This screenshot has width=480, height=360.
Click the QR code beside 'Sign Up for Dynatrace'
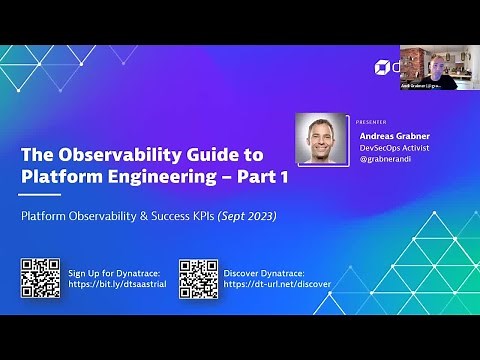point(40,278)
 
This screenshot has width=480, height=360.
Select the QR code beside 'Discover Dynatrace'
point(198,278)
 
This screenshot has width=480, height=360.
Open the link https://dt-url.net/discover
point(277,284)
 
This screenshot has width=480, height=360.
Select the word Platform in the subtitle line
point(48,214)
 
